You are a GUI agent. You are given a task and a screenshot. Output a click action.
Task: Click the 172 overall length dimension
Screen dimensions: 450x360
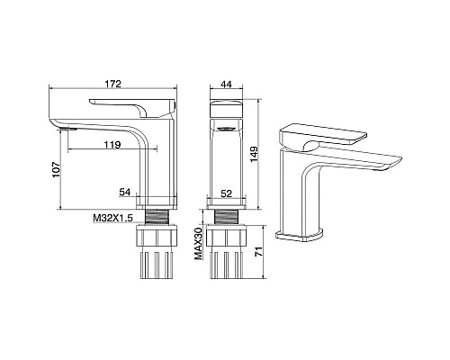coord(113,84)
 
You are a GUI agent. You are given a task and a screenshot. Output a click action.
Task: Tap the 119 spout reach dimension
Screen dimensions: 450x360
coord(112,145)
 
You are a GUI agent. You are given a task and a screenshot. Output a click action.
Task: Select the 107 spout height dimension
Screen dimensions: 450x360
coord(57,170)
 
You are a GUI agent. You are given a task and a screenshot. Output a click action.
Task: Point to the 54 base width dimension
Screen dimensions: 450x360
coord(125,192)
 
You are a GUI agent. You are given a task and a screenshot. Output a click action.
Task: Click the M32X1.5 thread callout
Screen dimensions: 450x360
coord(112,218)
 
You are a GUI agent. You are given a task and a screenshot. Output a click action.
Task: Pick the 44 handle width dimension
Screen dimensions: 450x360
coord(226,85)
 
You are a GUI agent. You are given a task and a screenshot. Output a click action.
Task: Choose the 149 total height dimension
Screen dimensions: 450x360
coord(254,154)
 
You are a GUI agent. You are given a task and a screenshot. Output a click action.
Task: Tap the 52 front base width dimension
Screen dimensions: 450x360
coord(227,193)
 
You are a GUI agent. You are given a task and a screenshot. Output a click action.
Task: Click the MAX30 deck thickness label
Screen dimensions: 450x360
coord(198,243)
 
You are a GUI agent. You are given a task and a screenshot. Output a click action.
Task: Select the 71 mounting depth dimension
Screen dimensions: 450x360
coord(258,251)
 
